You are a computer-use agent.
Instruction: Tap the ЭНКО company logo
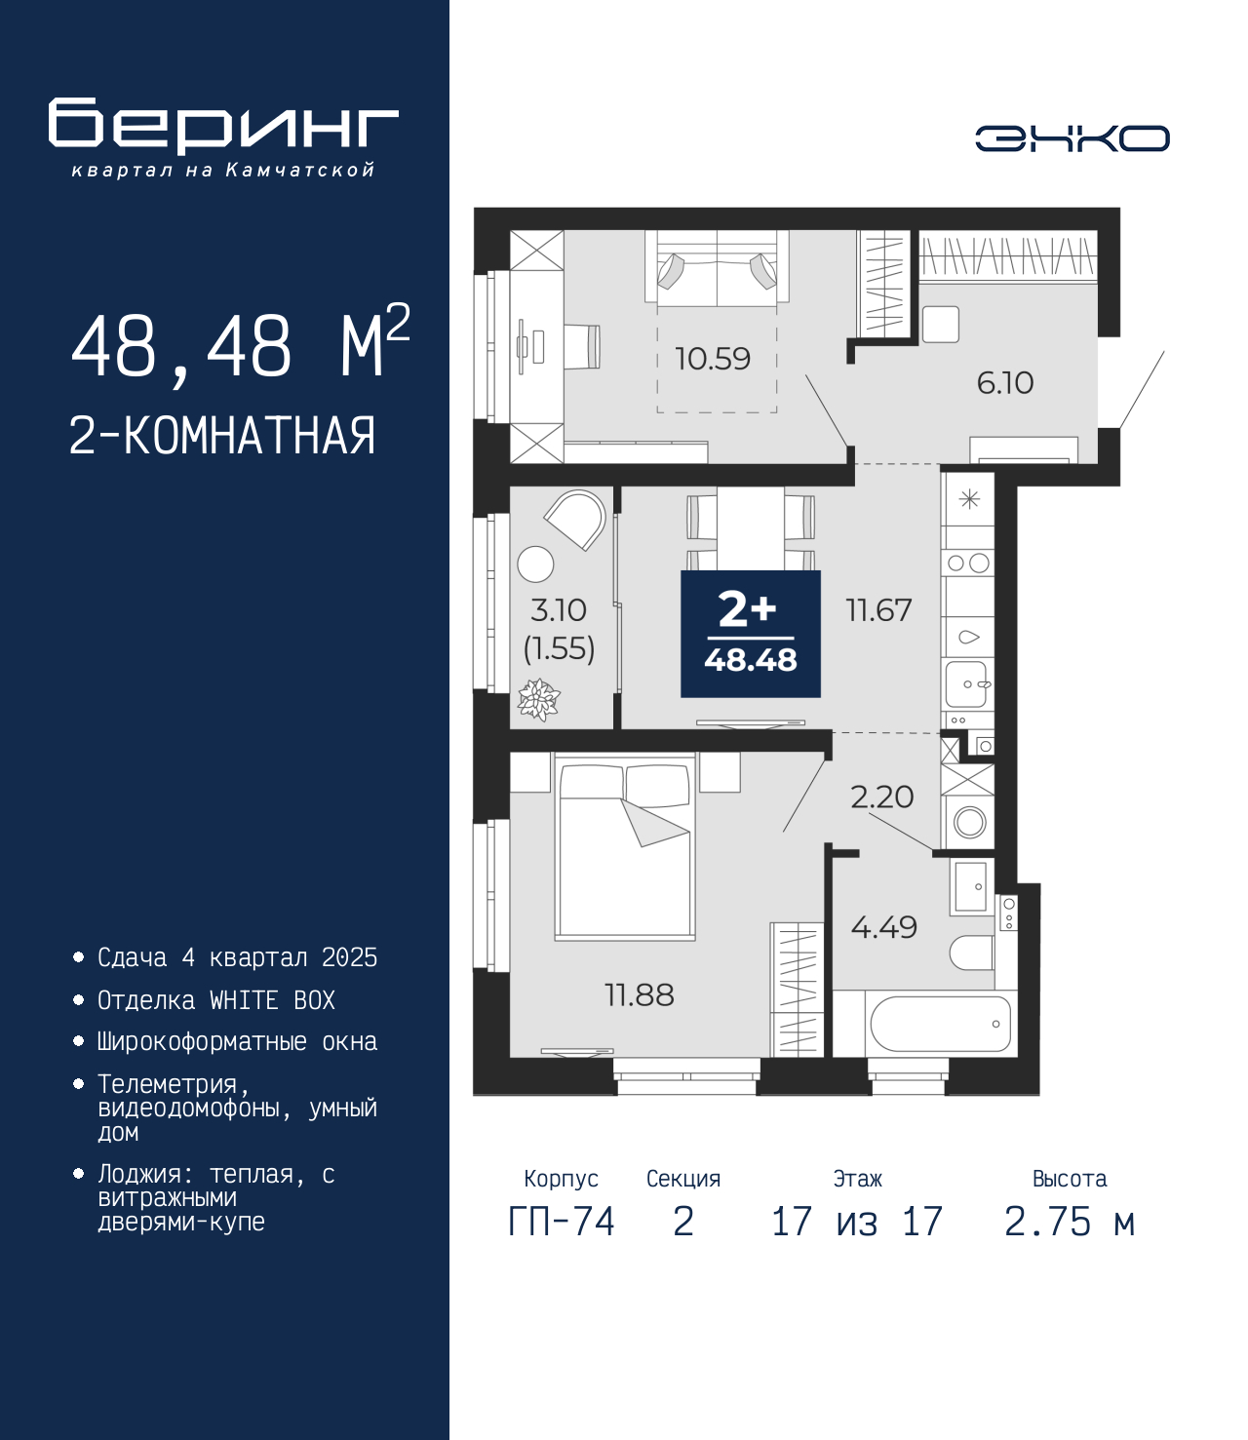tap(1072, 137)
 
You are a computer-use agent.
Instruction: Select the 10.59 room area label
tap(713, 359)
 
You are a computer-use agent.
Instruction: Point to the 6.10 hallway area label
tap(1005, 383)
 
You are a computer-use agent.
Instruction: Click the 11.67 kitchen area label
tap(878, 610)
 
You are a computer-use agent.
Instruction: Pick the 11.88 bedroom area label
tap(640, 995)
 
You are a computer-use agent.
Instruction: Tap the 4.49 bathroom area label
tap(883, 927)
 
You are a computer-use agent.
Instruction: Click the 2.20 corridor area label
tap(881, 797)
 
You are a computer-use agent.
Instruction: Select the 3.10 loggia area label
tap(558, 610)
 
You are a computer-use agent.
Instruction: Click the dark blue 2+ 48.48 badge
tap(751, 634)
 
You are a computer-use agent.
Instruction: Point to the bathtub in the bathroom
tap(940, 1024)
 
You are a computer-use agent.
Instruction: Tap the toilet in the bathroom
tap(971, 954)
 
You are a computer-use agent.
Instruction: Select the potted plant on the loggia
tap(538, 699)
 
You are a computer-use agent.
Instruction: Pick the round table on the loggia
tap(535, 564)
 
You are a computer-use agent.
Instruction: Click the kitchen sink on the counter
tap(968, 683)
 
